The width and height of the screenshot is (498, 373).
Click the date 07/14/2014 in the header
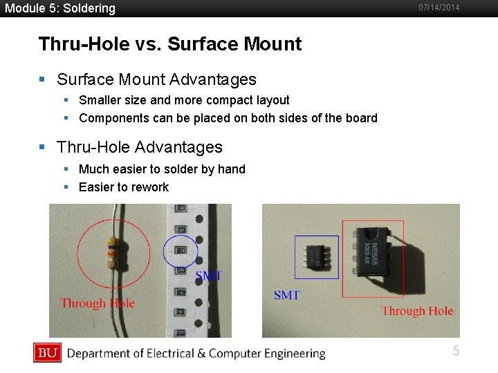tap(439, 8)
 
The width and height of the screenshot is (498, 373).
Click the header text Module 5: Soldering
tap(60, 8)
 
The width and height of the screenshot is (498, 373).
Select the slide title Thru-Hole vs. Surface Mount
tap(170, 44)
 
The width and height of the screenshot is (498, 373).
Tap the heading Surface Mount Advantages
tap(156, 80)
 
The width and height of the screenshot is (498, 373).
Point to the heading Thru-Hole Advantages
tap(140, 147)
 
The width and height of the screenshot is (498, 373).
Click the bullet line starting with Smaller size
tap(184, 100)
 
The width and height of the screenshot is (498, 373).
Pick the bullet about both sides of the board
tap(228, 118)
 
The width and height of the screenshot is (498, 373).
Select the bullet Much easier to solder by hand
tap(162, 169)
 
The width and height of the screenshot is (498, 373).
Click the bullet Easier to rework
tap(124, 187)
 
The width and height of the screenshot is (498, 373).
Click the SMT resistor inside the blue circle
tap(181, 249)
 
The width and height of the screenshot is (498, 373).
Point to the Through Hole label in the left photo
tap(98, 303)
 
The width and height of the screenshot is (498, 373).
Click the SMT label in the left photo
tap(208, 276)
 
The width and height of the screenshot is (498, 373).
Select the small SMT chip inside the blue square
tap(317, 257)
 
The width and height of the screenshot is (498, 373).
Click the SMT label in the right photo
tap(287, 296)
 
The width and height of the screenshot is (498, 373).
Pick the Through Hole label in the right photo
tap(417, 312)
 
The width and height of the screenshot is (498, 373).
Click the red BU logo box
tap(47, 353)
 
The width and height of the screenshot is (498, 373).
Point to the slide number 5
tap(456, 352)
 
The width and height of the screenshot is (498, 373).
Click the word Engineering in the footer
tap(292, 354)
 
